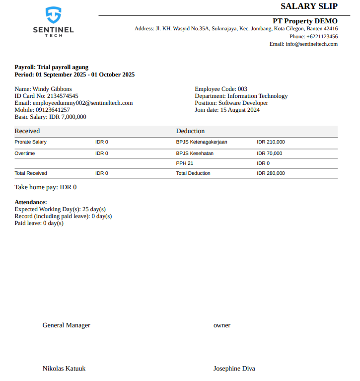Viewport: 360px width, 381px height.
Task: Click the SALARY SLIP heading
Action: click(309, 6)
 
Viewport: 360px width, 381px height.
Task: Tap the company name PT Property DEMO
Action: click(305, 21)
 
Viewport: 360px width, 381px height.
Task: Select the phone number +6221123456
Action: click(322, 36)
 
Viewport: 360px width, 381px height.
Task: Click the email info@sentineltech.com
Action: click(311, 44)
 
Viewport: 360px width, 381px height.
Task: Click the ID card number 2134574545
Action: click(63, 96)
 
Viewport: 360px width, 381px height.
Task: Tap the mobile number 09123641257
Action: click(53, 110)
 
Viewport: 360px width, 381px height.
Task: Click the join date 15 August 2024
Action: click(240, 110)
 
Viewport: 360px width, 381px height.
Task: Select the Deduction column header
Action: click(190, 131)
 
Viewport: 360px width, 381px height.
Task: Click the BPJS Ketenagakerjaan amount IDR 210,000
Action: click(271, 142)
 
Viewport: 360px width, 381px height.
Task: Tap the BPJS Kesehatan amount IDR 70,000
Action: click(269, 153)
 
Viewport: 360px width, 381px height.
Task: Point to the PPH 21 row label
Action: click(185, 163)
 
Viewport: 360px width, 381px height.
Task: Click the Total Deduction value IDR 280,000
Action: click(271, 173)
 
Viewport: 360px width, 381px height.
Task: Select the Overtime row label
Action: click(25, 153)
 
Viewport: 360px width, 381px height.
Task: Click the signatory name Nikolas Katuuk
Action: click(64, 369)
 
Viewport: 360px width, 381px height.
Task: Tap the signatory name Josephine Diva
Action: click(234, 369)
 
